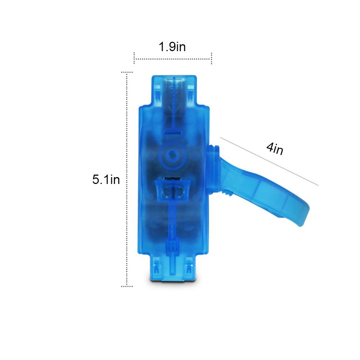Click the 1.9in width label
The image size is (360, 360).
(x=172, y=46)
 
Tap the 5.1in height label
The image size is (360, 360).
(x=106, y=179)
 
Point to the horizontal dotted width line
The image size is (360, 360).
(x=173, y=59)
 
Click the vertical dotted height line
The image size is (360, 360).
(x=126, y=179)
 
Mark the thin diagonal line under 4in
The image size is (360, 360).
(x=269, y=161)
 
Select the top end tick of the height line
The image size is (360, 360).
(x=127, y=72)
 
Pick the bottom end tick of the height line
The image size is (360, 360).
(x=127, y=286)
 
